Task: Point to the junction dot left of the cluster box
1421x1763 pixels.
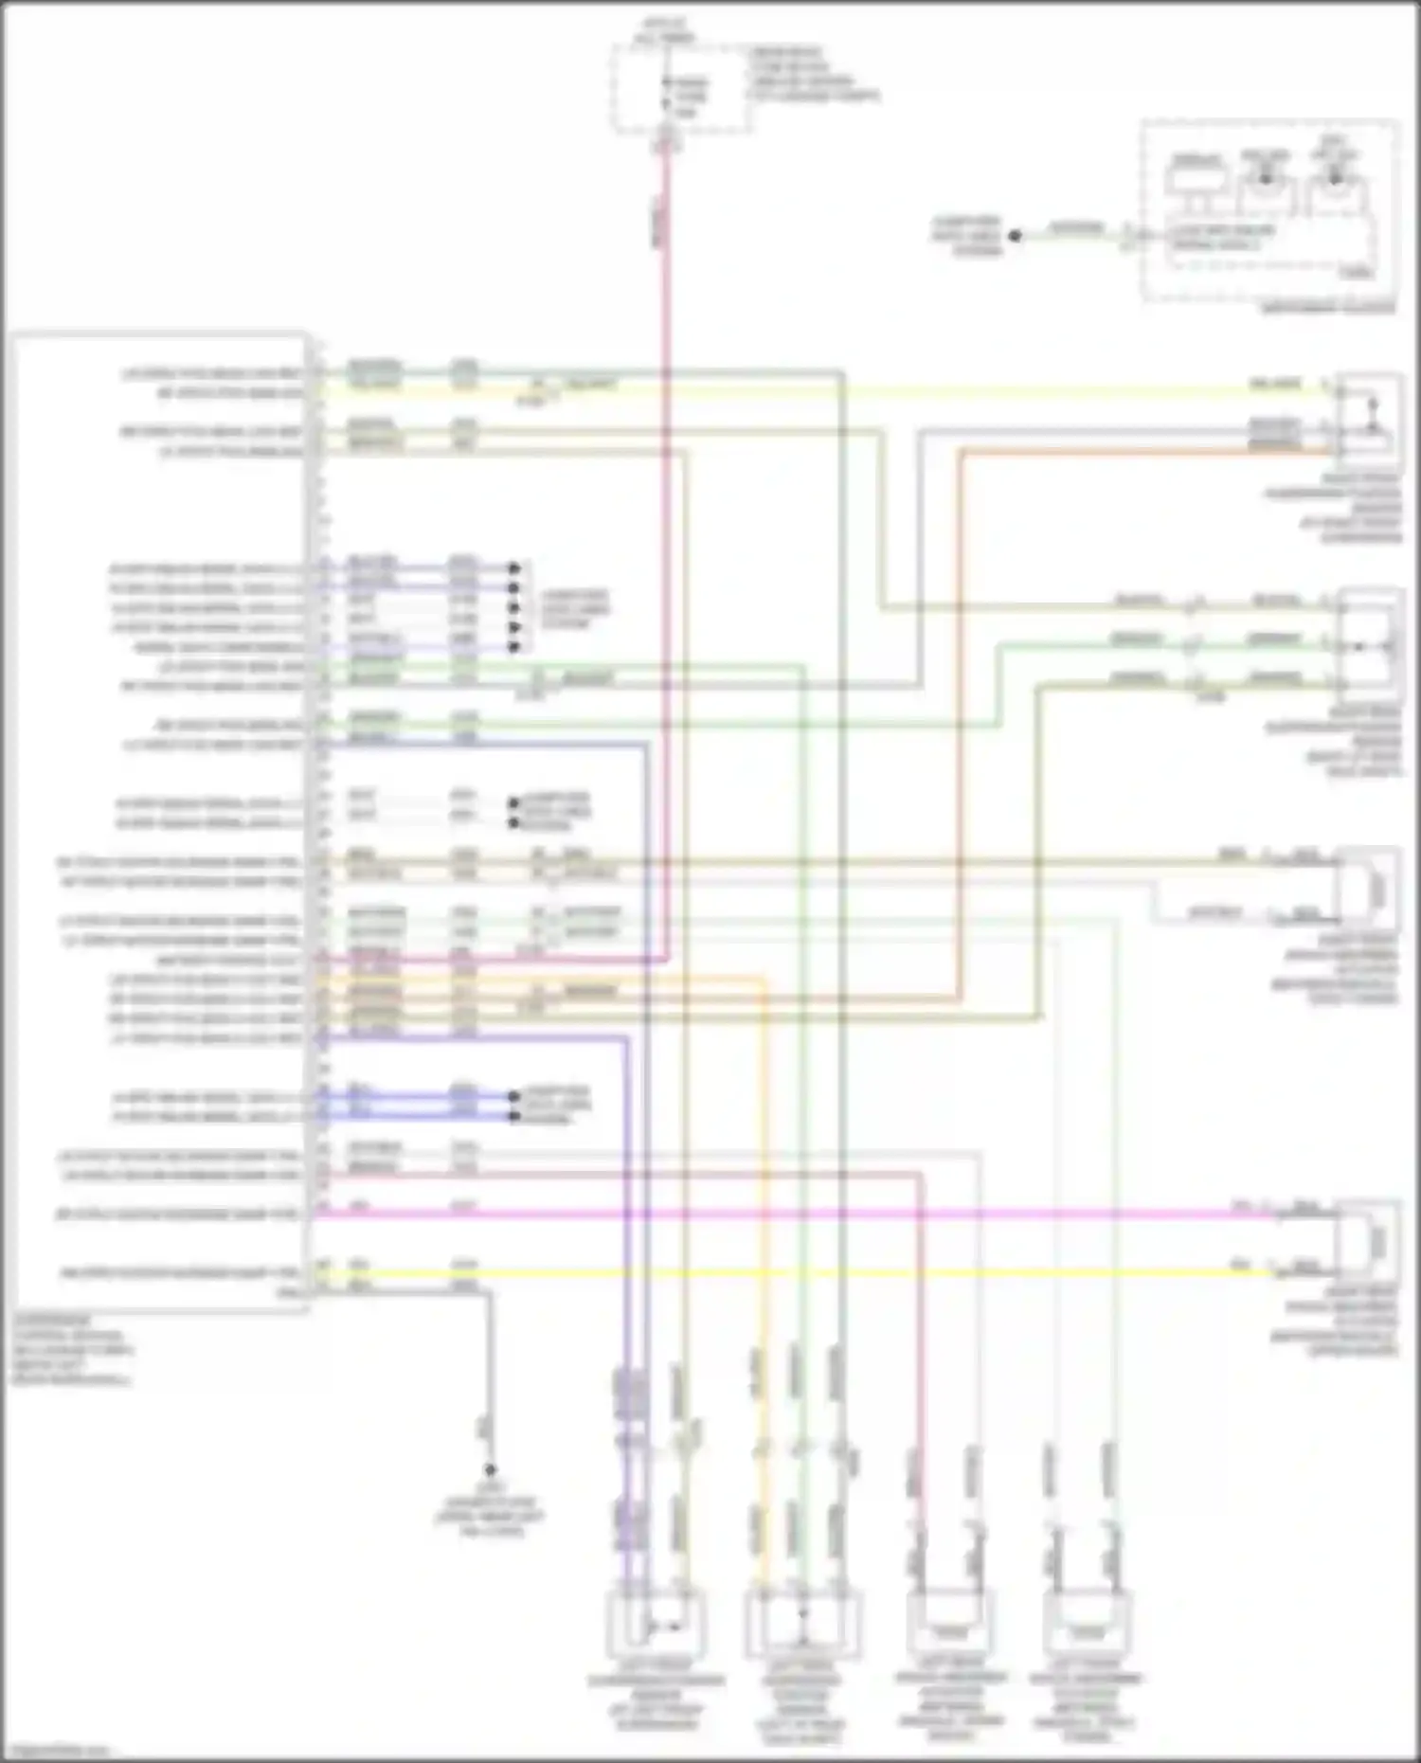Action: (1015, 235)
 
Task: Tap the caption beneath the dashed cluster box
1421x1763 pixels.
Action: (1328, 309)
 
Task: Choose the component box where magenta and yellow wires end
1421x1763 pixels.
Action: (1367, 1241)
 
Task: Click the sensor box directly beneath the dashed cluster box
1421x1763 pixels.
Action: (1368, 413)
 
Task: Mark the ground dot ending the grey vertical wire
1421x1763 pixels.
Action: (490, 1469)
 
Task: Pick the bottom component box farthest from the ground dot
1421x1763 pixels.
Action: (1087, 1622)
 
